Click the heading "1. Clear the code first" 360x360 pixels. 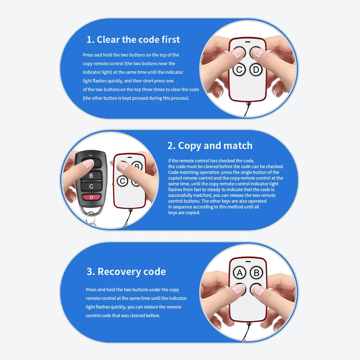pos(133,40)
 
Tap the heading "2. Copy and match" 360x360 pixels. pos(210,146)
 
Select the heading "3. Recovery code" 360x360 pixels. pos(126,271)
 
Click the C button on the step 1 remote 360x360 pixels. pos(239,69)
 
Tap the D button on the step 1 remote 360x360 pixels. pos(256,69)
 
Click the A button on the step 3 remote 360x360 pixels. pos(239,273)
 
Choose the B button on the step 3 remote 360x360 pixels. pos(256,273)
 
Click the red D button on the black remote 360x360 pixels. pos(91,197)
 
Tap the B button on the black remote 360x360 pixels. pos(91,176)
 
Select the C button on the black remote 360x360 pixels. pos(91,186)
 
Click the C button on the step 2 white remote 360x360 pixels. pos(122,181)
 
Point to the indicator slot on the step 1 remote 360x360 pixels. pos(248,42)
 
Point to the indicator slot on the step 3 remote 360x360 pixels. pos(248,261)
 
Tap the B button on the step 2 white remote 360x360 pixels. pos(137,166)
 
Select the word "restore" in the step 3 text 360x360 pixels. pos(150,307)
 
